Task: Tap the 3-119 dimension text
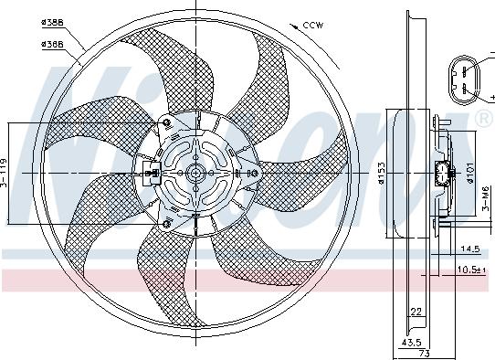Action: pyautogui.click(x=5, y=173)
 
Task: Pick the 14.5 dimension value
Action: pyautogui.click(x=471, y=248)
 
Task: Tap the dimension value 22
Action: pyautogui.click(x=416, y=312)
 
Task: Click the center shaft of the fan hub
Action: pyautogui.click(x=196, y=172)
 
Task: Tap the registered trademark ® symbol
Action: pyautogui.click(x=482, y=119)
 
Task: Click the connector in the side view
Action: pyautogui.click(x=445, y=174)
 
